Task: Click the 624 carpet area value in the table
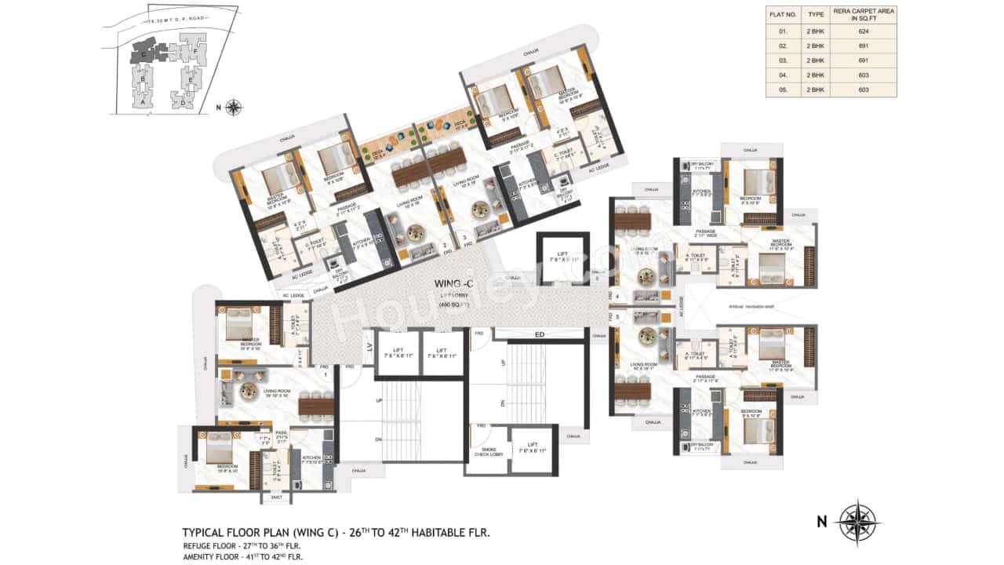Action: pyautogui.click(x=864, y=32)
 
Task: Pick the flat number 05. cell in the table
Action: pyautogui.click(x=783, y=90)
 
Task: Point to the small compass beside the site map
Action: pyautogui.click(x=233, y=108)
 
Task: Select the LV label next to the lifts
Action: pyautogui.click(x=367, y=346)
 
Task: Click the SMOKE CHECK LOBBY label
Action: pyautogui.click(x=488, y=453)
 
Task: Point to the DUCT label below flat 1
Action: pyautogui.click(x=275, y=497)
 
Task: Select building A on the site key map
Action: pyautogui.click(x=143, y=101)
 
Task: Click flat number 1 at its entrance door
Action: pyautogui.click(x=325, y=374)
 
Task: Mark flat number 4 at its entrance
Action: pyautogui.click(x=617, y=296)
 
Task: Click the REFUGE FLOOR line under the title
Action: pyautogui.click(x=241, y=545)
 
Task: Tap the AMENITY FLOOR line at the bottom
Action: pyautogui.click(x=242, y=556)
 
